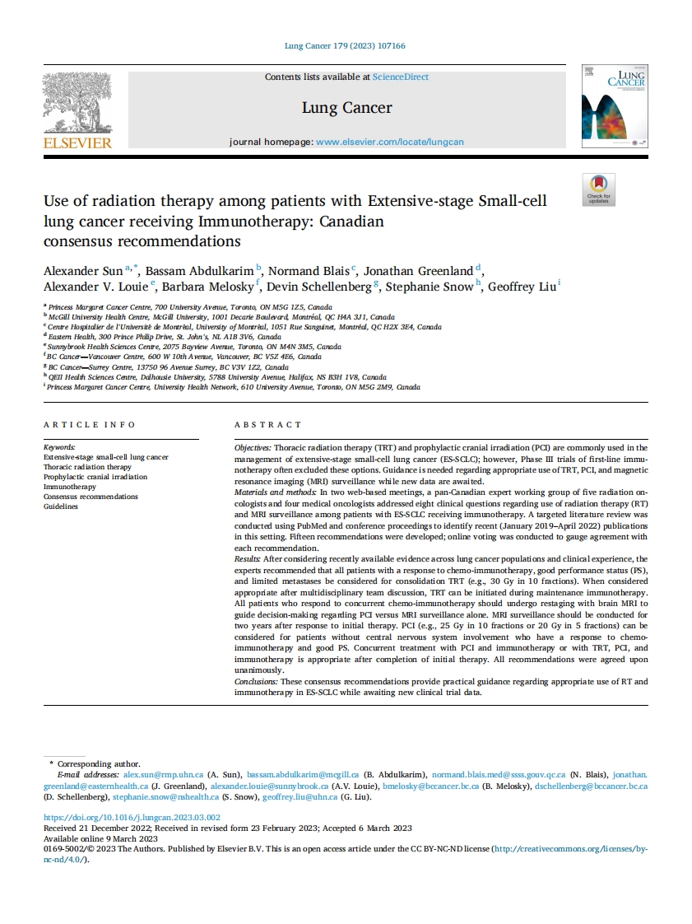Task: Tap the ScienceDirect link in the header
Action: [401, 77]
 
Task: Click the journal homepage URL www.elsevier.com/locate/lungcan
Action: [390, 142]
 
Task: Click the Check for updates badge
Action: [598, 189]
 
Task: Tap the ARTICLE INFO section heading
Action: [90, 425]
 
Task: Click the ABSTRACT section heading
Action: [268, 425]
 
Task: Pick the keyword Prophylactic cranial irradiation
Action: [95, 477]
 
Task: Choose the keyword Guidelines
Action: [61, 506]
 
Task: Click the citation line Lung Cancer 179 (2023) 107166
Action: [345, 47]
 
